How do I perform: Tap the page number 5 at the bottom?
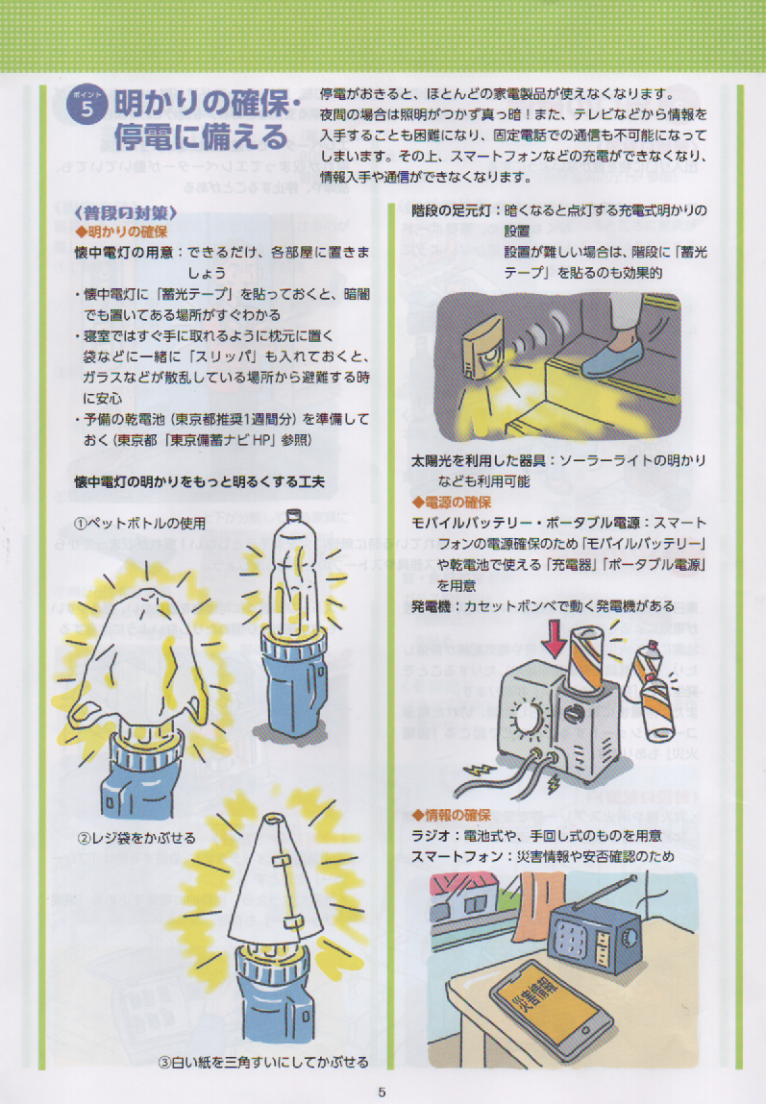(383, 1092)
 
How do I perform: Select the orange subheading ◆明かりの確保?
(122, 231)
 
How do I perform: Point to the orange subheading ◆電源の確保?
(452, 502)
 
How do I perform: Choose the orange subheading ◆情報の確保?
(452, 815)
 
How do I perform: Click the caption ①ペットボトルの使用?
(140, 523)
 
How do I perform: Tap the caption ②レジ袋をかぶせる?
(136, 838)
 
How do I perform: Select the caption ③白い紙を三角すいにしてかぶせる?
(262, 1062)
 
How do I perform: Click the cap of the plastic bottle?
(293, 515)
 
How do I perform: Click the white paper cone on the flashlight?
(276, 877)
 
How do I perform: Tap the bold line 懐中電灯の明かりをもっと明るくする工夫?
(200, 481)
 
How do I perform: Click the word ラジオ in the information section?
(431, 836)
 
